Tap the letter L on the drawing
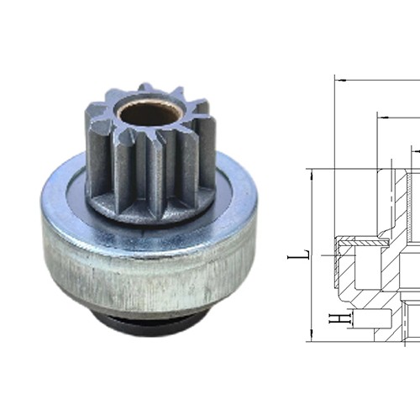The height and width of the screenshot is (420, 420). point(307,252)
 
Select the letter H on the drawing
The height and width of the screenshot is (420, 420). point(333,319)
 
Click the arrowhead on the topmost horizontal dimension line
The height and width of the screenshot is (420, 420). point(338,81)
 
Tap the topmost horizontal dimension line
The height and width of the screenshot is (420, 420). point(378,81)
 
